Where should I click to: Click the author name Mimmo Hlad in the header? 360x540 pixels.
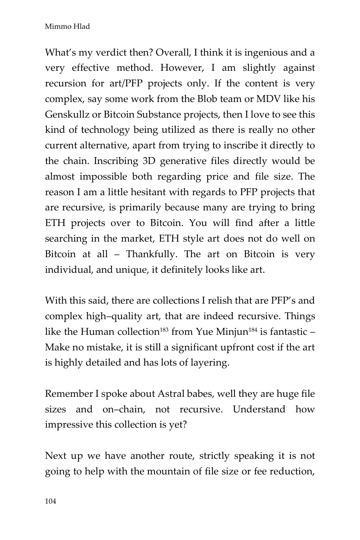[x=67, y=27]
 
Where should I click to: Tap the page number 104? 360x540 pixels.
[x=50, y=501]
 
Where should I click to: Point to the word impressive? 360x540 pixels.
[x=69, y=425]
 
